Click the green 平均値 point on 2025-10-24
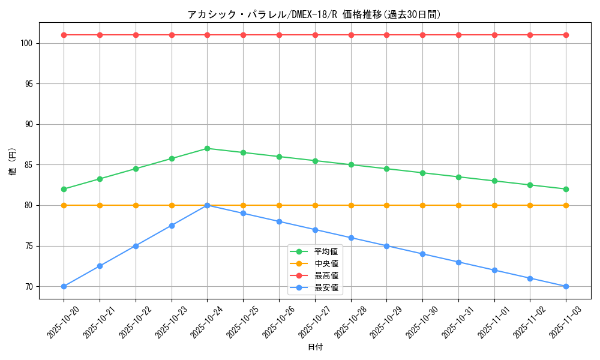click(207, 148)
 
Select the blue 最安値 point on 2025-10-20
click(64, 286)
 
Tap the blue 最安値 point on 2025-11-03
click(566, 286)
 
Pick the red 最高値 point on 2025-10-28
click(351, 35)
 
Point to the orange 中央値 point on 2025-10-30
click(422, 205)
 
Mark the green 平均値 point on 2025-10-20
click(64, 189)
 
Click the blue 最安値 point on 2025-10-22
click(136, 246)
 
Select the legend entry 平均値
click(326, 251)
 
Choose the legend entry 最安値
click(326, 287)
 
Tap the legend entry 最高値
click(326, 275)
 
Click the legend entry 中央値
click(326, 263)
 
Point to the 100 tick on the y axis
click(28, 43)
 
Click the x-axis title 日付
click(315, 347)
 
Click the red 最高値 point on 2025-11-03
click(566, 35)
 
